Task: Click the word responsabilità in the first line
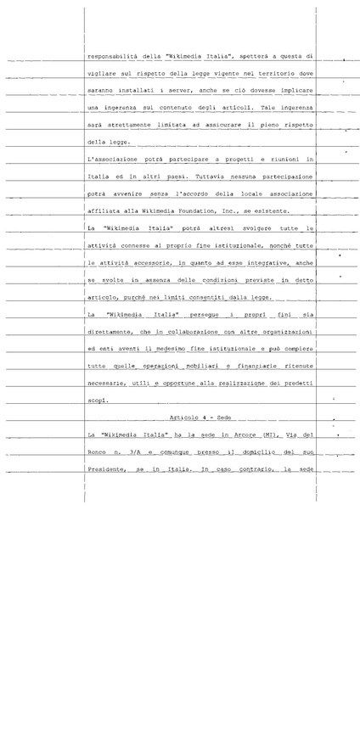pyautogui.click(x=115, y=57)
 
